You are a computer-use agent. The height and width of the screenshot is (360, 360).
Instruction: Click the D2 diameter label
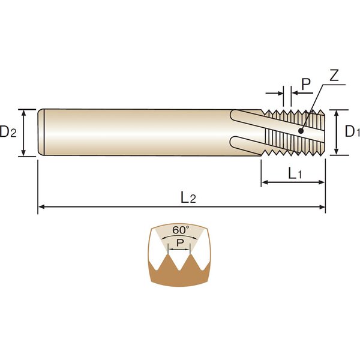point(8,132)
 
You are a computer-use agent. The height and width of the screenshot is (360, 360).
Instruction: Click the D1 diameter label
point(352,131)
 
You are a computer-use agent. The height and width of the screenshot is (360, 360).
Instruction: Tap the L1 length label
point(295,173)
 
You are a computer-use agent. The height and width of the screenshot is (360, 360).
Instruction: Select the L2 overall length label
point(188,197)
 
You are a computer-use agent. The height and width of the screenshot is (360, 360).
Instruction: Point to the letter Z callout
point(334,76)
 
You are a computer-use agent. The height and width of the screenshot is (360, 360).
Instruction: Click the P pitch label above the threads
point(306,84)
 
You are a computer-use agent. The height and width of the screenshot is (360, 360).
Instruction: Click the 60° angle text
point(181,230)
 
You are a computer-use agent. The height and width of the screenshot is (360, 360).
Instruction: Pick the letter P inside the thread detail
point(180,242)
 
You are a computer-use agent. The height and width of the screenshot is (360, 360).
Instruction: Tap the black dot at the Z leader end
point(301,131)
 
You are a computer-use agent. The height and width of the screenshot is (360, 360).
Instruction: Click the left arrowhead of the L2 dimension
point(41,207)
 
